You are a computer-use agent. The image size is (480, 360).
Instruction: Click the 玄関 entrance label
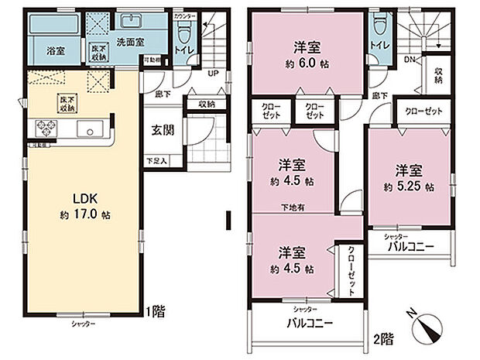click(x=163, y=130)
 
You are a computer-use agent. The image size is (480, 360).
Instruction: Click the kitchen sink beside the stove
click(x=91, y=129)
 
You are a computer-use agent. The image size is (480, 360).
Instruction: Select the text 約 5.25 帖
click(x=407, y=187)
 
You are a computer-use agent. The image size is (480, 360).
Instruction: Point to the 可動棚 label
click(x=153, y=57)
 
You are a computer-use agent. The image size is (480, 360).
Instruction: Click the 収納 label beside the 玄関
click(x=206, y=103)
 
